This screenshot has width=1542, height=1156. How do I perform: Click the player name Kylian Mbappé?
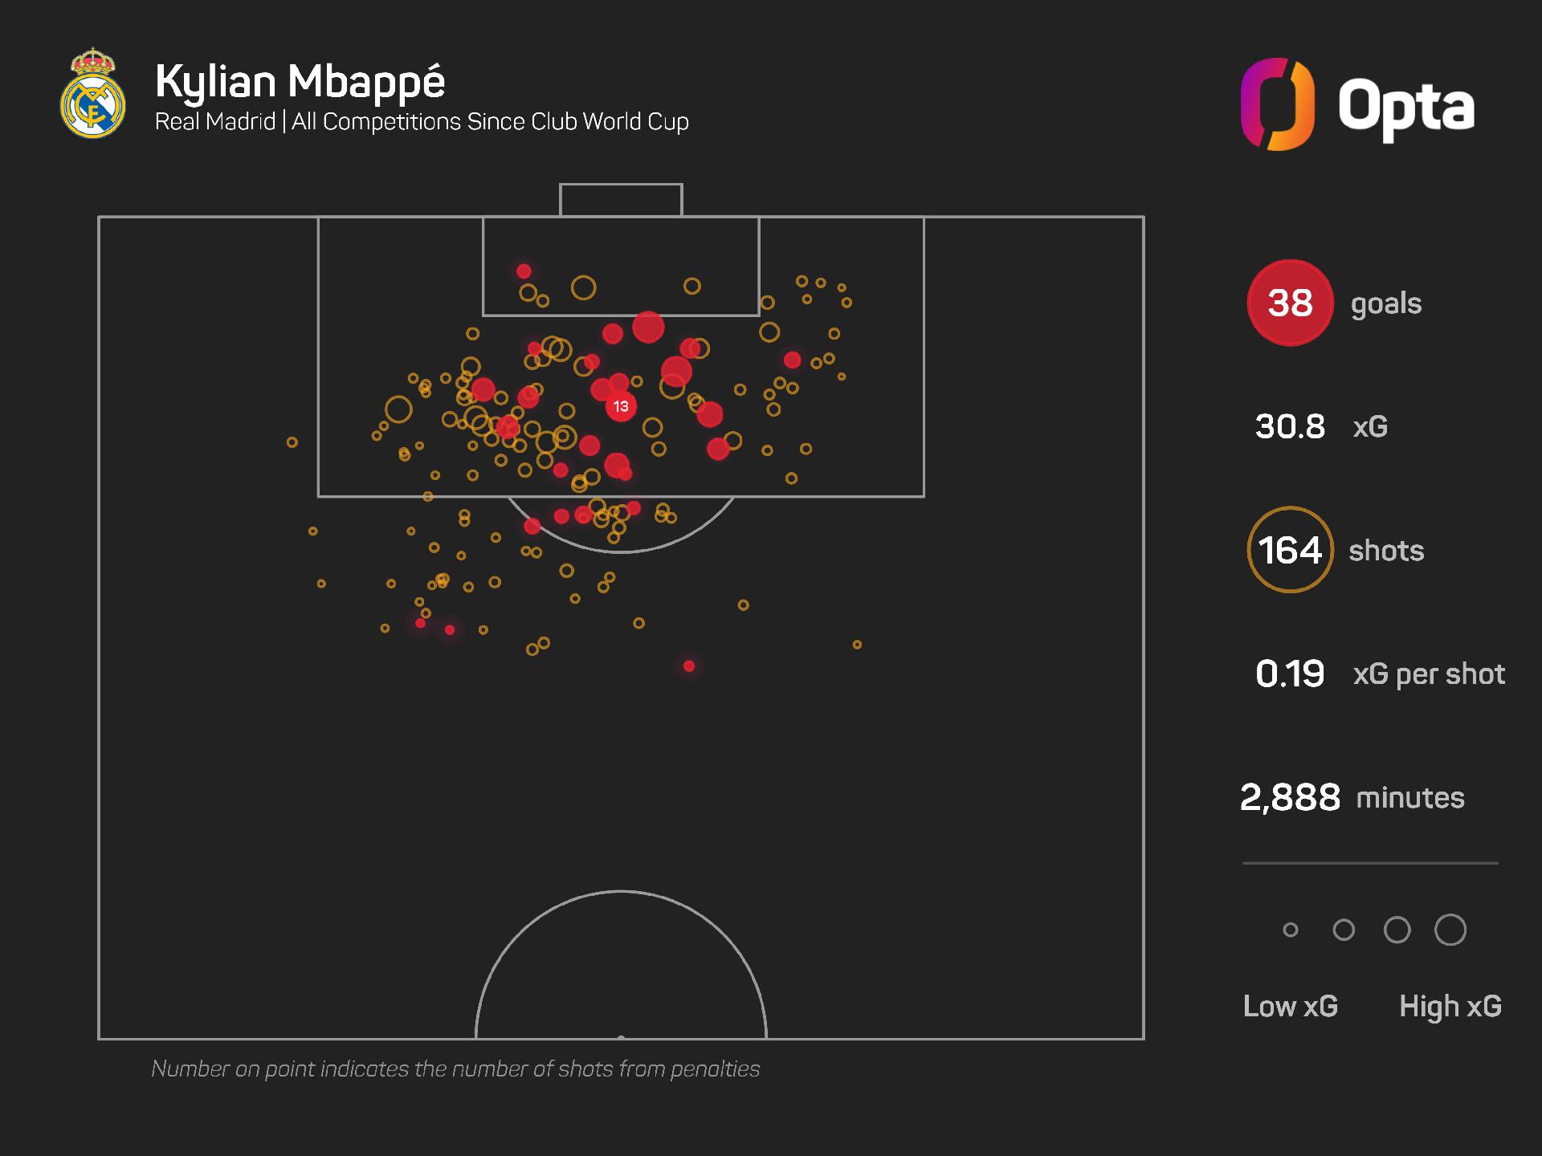tap(300, 81)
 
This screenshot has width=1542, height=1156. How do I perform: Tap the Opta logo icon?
tap(1277, 104)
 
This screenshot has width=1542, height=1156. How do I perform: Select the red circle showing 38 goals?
tap(1290, 303)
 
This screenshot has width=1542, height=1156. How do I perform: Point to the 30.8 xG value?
tap(1290, 426)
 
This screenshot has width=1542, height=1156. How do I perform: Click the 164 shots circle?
tap(1290, 550)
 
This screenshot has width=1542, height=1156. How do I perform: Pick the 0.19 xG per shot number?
tap(1290, 674)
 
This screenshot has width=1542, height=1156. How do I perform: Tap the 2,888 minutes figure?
tap(1290, 797)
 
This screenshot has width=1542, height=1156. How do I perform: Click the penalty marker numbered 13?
tap(621, 406)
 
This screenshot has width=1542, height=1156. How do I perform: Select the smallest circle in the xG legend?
tap(1291, 930)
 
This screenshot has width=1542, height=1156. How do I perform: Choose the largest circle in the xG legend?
tap(1450, 930)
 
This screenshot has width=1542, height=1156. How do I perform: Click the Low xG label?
tap(1290, 1006)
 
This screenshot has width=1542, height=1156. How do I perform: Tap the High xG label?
tap(1450, 1006)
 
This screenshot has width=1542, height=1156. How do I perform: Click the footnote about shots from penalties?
tap(455, 1068)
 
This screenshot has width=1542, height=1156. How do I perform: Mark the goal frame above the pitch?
tap(621, 200)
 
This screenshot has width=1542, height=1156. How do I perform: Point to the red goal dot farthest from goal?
tap(689, 666)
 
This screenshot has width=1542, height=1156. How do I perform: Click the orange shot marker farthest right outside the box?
tap(857, 645)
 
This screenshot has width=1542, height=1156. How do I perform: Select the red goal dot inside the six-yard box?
tap(524, 271)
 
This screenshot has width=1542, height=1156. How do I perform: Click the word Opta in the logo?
tap(1405, 107)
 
